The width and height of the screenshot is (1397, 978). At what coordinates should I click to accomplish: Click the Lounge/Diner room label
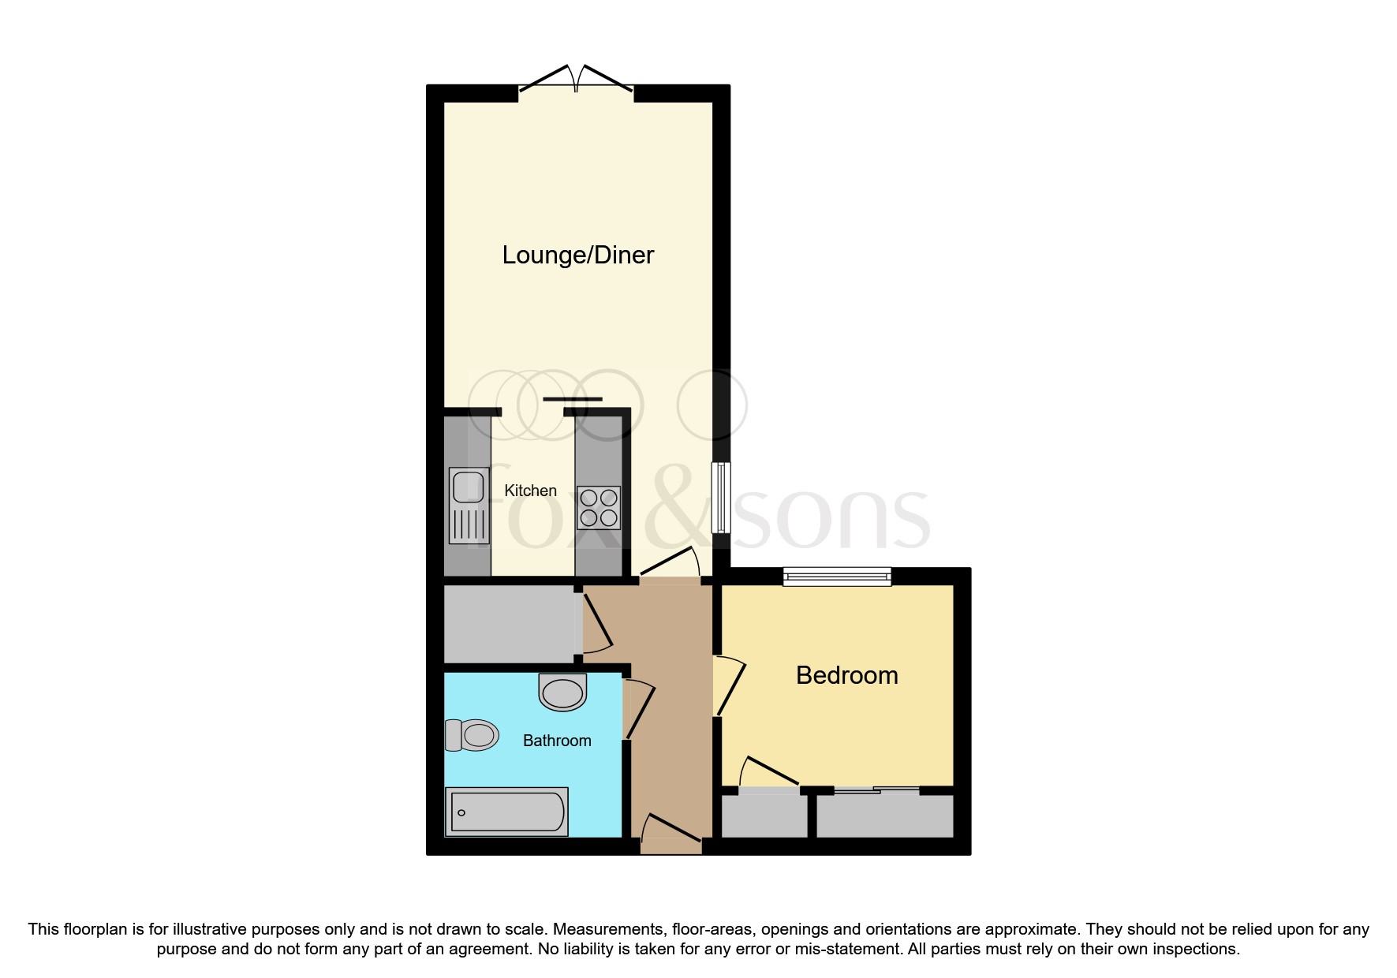click(578, 256)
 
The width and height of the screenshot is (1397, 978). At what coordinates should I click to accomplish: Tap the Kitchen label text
click(530, 491)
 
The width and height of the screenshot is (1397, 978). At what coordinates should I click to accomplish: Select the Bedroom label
click(846, 676)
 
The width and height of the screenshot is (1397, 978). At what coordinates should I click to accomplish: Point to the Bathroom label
click(557, 741)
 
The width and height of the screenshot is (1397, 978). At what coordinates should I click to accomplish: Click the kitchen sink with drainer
click(469, 506)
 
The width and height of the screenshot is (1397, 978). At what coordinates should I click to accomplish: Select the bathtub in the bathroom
click(506, 812)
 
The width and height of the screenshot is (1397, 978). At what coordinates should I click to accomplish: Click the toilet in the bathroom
click(473, 735)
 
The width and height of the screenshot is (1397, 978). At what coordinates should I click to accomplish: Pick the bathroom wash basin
click(562, 692)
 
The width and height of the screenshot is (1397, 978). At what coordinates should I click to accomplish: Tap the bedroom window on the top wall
click(837, 577)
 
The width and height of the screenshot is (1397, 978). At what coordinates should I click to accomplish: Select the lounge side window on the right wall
click(720, 497)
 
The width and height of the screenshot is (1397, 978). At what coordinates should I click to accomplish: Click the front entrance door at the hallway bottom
click(670, 833)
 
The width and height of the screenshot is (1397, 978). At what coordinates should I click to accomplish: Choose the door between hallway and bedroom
click(729, 686)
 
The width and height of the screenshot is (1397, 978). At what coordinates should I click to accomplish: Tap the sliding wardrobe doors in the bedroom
click(876, 789)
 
